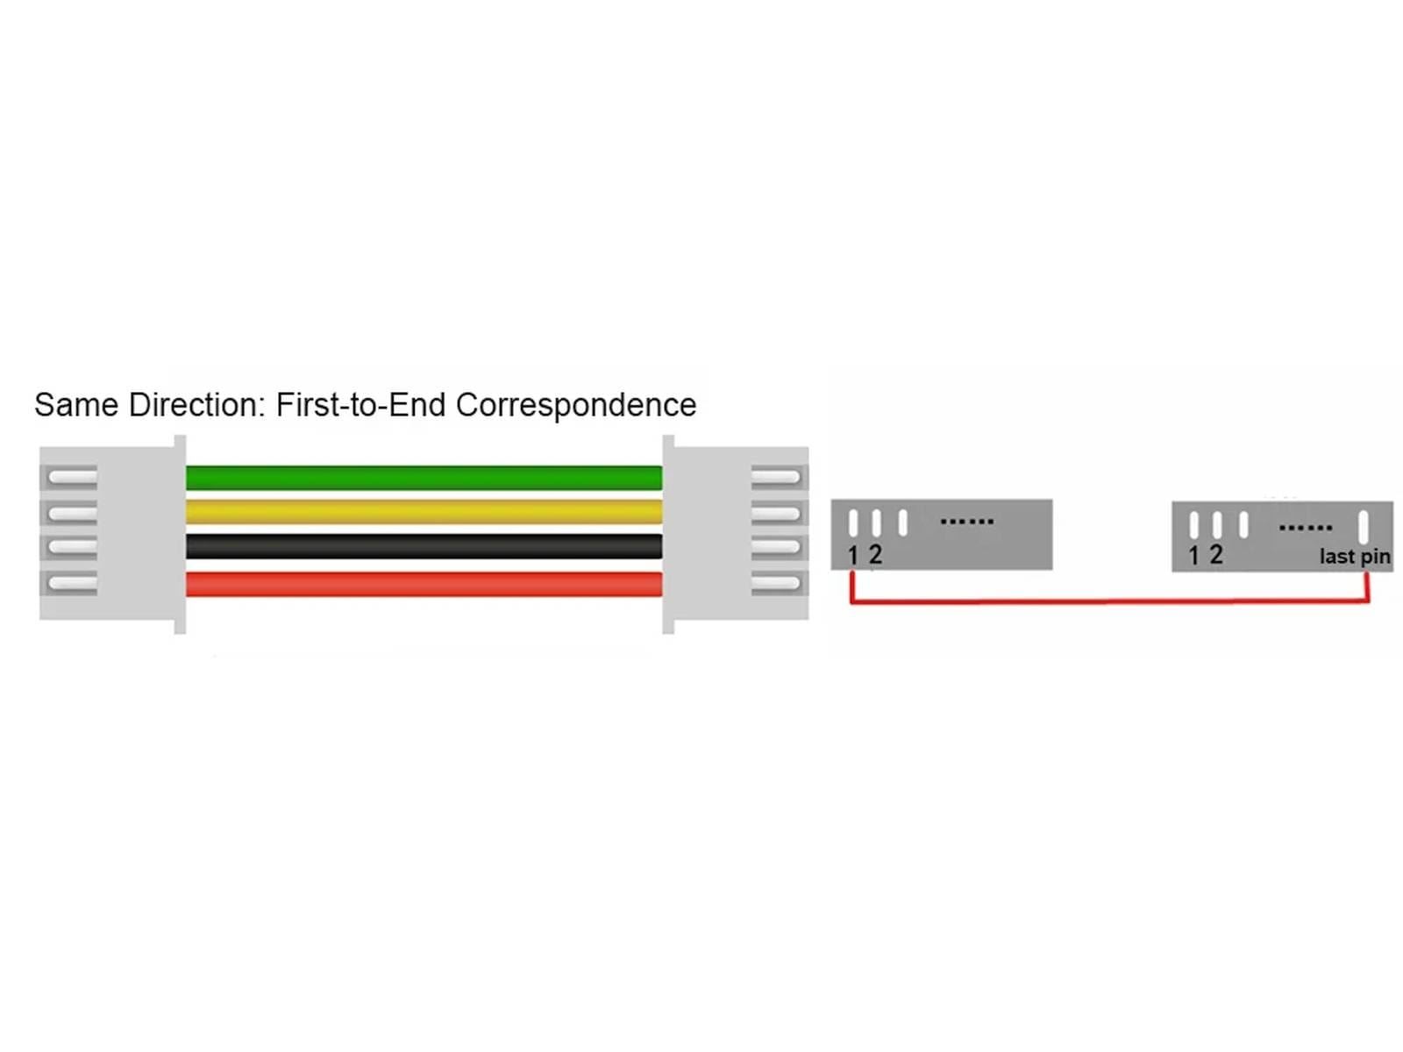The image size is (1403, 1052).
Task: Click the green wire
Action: pos(424,478)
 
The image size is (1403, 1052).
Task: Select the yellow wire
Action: pos(424,511)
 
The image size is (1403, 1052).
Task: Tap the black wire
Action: pos(424,546)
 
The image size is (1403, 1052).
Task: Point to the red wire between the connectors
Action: pos(424,584)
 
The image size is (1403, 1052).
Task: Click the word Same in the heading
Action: pos(75,405)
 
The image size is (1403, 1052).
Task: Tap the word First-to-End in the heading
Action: pos(360,405)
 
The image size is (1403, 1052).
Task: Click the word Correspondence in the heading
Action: pos(575,405)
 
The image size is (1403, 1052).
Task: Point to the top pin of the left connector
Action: pos(72,478)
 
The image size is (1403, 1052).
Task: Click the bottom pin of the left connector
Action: pos(72,583)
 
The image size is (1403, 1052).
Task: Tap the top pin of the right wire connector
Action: pos(775,478)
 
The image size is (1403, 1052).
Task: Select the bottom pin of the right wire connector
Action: pos(775,583)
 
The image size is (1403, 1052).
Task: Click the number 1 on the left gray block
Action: pos(852,555)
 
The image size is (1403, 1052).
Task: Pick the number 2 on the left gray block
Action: pos(874,554)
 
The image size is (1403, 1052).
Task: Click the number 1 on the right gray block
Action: pos(1193,555)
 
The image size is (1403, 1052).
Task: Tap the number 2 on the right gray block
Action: pos(1215,554)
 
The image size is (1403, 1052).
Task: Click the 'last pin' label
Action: pos(1354,557)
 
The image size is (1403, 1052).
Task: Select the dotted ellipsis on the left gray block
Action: pos(966,522)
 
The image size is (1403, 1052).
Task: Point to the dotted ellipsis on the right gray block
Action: pos(1305,528)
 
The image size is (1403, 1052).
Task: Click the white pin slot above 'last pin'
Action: pos(1363,527)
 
